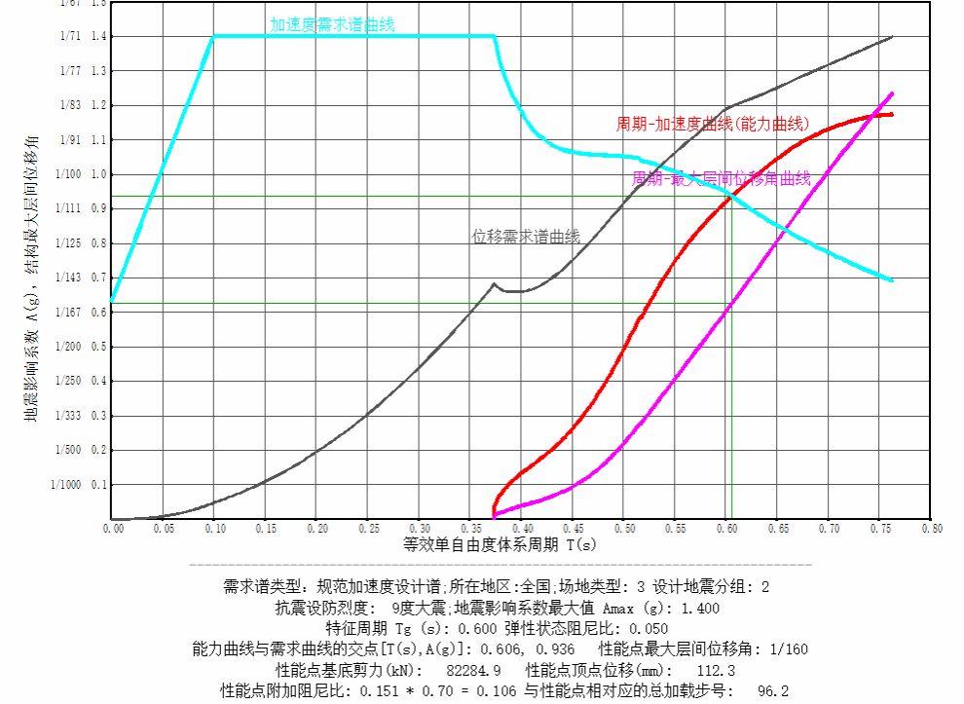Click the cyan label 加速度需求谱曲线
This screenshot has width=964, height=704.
[332, 24]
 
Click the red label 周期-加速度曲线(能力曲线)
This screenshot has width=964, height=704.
[713, 125]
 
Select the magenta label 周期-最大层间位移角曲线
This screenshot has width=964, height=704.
[722, 179]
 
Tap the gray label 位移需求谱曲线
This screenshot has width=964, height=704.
[526, 237]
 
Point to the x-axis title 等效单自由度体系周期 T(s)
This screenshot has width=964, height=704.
[500, 545]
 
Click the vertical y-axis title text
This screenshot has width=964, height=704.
[31, 282]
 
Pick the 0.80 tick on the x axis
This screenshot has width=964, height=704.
[932, 529]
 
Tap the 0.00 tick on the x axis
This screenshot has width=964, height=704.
[112, 529]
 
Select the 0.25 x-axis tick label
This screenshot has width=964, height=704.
[368, 529]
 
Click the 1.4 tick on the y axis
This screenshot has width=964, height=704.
[97, 36]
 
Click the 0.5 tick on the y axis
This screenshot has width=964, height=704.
[97, 347]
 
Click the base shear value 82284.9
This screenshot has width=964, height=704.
[473, 670]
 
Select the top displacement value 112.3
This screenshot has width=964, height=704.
[716, 670]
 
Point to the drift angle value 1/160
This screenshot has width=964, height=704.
[786, 649]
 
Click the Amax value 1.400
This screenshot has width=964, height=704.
[700, 608]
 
